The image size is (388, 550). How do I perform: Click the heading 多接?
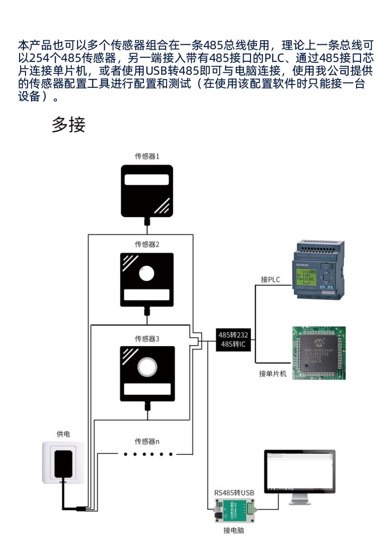(69, 125)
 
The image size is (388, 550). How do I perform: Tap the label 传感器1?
(147, 157)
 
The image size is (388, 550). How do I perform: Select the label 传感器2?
(147, 244)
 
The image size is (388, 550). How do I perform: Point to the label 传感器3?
(147, 339)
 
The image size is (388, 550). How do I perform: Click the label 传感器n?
(147, 440)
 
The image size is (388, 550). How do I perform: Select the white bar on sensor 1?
(147, 179)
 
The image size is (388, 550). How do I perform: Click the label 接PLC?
(270, 279)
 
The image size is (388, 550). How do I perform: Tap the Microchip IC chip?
(319, 352)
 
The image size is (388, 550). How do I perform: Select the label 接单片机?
(273, 374)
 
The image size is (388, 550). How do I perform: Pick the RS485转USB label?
(234, 492)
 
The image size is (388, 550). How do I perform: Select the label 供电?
(63, 434)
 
